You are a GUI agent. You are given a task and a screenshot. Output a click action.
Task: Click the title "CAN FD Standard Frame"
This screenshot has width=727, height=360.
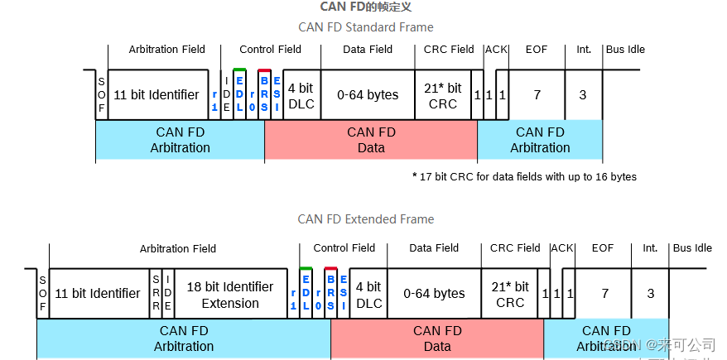point(365,27)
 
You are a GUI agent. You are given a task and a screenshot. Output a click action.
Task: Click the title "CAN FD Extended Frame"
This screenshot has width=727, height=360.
point(365,219)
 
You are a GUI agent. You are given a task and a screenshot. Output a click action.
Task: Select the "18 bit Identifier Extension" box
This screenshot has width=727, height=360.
point(230,295)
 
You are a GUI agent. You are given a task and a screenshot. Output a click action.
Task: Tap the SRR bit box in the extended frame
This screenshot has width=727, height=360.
point(156,294)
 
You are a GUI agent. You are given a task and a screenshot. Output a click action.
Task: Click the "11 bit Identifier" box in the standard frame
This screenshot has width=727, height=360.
point(156,95)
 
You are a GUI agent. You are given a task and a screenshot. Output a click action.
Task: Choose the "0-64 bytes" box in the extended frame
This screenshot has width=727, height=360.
point(434,294)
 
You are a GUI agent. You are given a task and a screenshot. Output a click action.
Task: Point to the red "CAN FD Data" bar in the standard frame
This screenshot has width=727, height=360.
point(370,140)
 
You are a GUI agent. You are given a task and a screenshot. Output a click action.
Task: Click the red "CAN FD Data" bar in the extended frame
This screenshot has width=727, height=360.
point(436,338)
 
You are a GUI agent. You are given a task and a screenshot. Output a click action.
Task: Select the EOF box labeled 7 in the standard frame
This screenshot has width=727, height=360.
point(537,95)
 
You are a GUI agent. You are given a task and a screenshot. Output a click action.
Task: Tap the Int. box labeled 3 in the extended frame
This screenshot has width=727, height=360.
point(650,294)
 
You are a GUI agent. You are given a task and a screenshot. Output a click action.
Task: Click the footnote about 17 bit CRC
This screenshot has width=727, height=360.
point(523,176)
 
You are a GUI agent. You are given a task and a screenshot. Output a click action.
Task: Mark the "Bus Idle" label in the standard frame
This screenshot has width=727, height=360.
point(624,50)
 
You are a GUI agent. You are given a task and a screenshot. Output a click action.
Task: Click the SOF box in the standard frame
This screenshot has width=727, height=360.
point(101,95)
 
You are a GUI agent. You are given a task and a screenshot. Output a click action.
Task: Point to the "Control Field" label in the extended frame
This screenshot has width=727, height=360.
point(344,248)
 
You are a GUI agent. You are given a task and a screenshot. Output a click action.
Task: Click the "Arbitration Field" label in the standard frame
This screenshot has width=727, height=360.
point(166,50)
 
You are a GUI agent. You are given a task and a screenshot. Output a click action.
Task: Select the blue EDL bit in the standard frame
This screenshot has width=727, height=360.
point(240,95)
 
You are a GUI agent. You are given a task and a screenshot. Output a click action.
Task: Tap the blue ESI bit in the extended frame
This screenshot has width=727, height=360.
point(343,294)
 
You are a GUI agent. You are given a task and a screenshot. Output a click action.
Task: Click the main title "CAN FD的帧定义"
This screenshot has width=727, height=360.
point(365,7)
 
